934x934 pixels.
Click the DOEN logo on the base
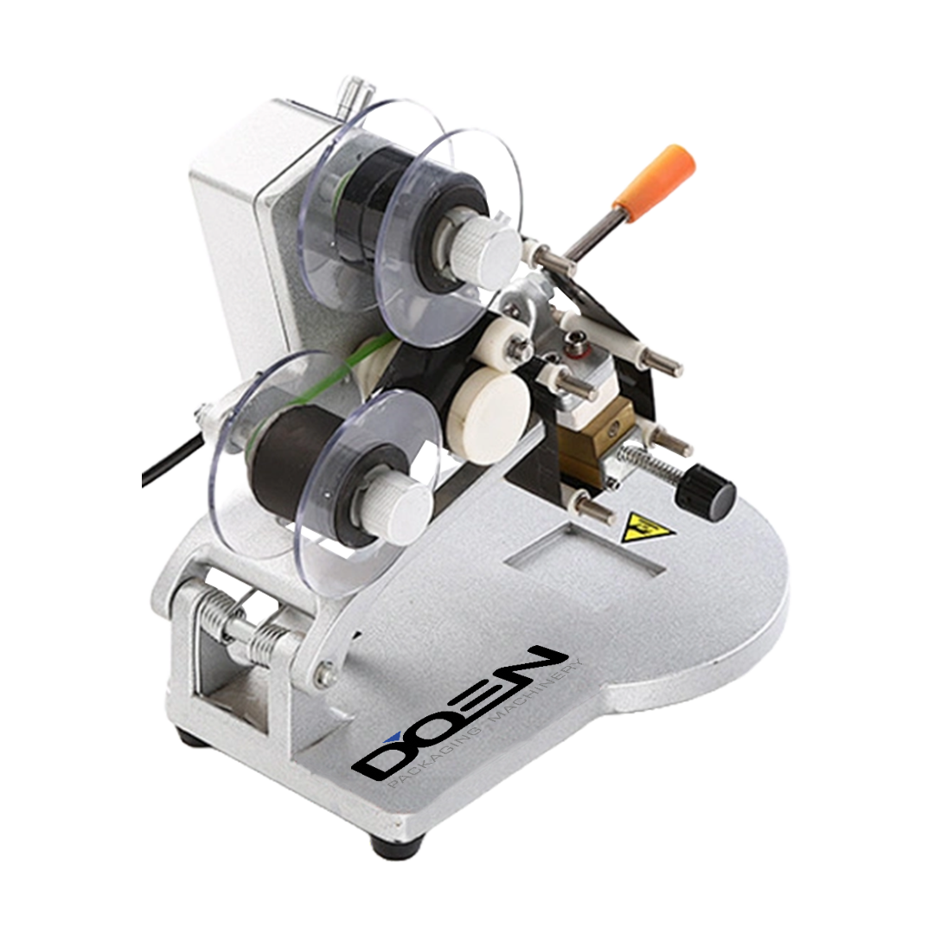(x=457, y=715)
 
